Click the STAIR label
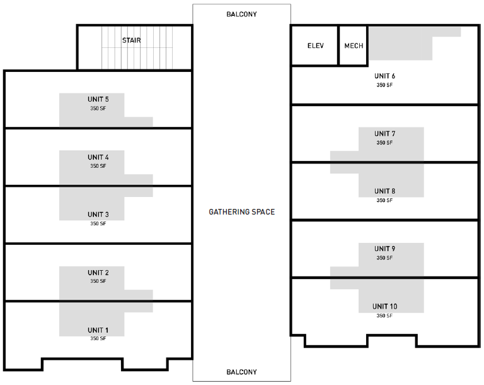click(131, 40)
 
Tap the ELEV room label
click(315, 46)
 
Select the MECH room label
click(354, 46)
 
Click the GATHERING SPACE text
click(242, 212)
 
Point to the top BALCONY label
click(242, 14)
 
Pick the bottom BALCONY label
click(242, 372)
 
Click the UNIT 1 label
click(98, 330)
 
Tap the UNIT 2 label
click(98, 273)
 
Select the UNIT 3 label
click(98, 215)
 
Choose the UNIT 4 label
click(98, 157)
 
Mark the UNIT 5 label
click(98, 99)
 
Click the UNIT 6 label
click(384, 76)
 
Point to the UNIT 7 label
click(384, 134)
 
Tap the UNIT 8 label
click(384, 191)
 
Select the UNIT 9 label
click(384, 249)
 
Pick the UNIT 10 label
click(384, 307)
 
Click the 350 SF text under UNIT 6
click(384, 85)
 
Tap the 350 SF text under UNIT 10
click(384, 316)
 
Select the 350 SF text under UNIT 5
click(98, 109)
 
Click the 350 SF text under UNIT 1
click(98, 339)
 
